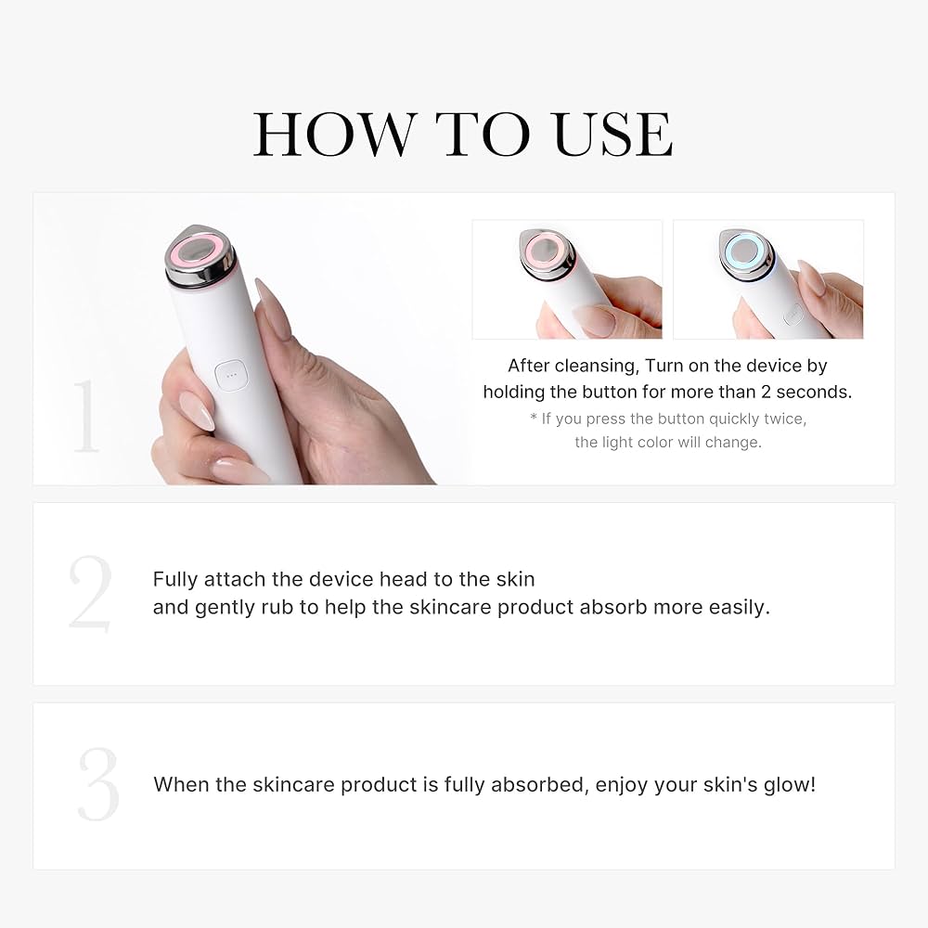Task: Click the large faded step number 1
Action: click(x=85, y=416)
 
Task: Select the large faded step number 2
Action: click(x=90, y=594)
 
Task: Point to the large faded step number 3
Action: click(x=98, y=784)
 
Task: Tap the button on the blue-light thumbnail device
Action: click(x=792, y=316)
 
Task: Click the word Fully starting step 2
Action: click(x=175, y=579)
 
